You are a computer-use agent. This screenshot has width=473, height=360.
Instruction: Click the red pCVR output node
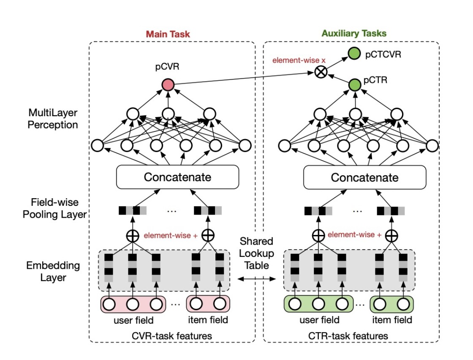click(168, 85)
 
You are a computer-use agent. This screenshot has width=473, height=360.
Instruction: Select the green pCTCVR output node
click(354, 53)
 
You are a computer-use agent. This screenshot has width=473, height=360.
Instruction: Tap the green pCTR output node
click(355, 85)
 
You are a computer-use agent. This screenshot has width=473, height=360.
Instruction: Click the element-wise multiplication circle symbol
click(321, 72)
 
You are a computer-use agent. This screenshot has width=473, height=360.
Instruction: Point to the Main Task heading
click(168, 34)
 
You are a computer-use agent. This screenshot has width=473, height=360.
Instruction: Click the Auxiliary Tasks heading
click(354, 33)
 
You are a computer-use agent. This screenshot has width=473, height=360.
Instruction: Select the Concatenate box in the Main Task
click(178, 177)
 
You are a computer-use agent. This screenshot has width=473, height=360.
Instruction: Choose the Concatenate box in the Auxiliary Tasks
click(365, 177)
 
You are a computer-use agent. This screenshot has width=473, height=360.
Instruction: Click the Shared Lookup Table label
click(256, 253)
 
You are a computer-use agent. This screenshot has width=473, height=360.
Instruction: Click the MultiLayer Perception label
click(53, 119)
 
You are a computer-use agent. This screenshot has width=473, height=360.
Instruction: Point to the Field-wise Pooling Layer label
click(54, 208)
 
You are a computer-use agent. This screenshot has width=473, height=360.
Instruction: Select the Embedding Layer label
click(53, 271)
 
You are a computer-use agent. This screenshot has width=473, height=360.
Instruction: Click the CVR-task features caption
click(172, 336)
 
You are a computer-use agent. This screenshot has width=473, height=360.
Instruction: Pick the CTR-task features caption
click(348, 336)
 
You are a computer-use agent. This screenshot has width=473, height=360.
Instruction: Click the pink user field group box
click(133, 304)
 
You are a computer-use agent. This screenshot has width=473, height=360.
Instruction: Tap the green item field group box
click(391, 304)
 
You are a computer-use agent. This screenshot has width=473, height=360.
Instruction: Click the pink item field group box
click(208, 304)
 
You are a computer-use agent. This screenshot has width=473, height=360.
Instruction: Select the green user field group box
click(318, 304)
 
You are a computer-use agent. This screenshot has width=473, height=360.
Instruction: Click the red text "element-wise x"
click(299, 60)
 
